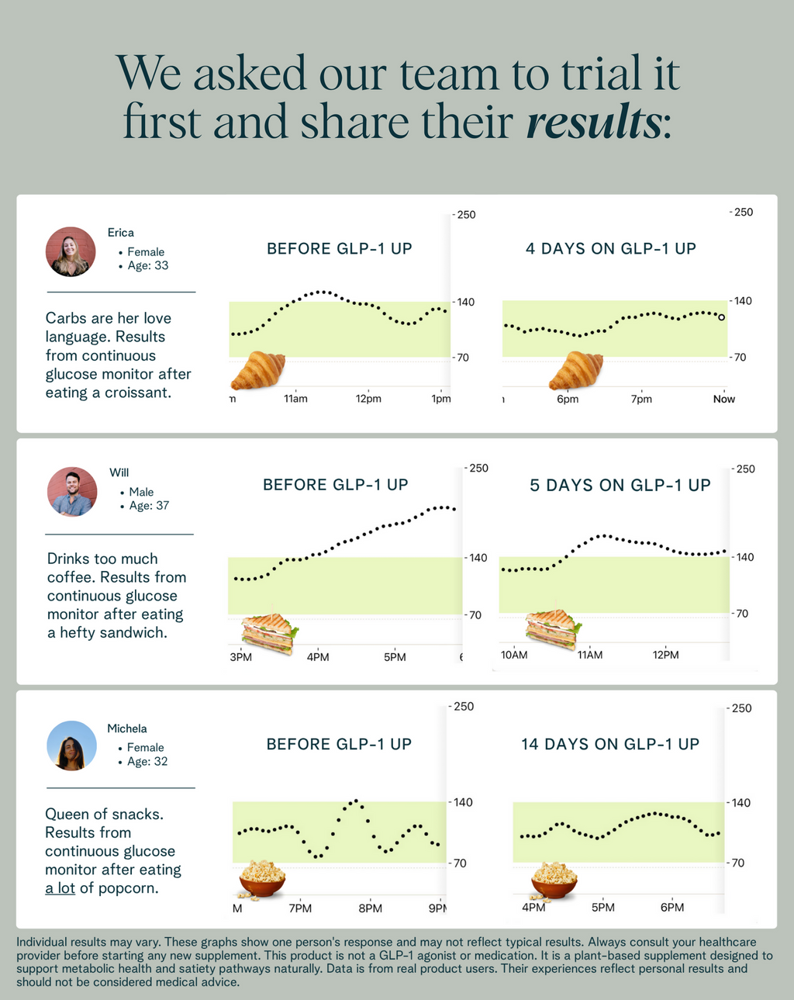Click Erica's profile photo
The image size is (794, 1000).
tap(71, 251)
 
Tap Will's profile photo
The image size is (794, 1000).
tap(72, 492)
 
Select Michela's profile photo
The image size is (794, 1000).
tap(71, 746)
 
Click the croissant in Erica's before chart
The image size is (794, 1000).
tap(258, 370)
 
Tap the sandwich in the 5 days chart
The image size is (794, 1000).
tap(552, 628)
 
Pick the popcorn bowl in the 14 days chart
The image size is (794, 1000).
tap(554, 880)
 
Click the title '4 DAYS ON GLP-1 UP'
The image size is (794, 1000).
tap(610, 249)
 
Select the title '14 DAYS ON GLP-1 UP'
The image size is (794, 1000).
tap(609, 745)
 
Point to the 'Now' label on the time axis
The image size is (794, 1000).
tap(723, 399)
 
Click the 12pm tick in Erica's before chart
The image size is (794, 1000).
tap(368, 399)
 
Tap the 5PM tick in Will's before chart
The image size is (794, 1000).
tap(395, 657)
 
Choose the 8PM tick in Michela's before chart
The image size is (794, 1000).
tap(370, 908)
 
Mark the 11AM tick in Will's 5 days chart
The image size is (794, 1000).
tap(589, 655)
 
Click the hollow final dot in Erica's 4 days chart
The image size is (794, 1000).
tap(722, 317)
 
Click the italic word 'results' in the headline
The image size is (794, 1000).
tap(594, 123)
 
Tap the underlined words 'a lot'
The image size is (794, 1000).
tap(60, 888)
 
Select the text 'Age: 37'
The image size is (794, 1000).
tap(149, 506)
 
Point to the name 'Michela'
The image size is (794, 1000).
tap(127, 728)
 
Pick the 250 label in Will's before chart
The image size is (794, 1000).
tap(478, 468)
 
